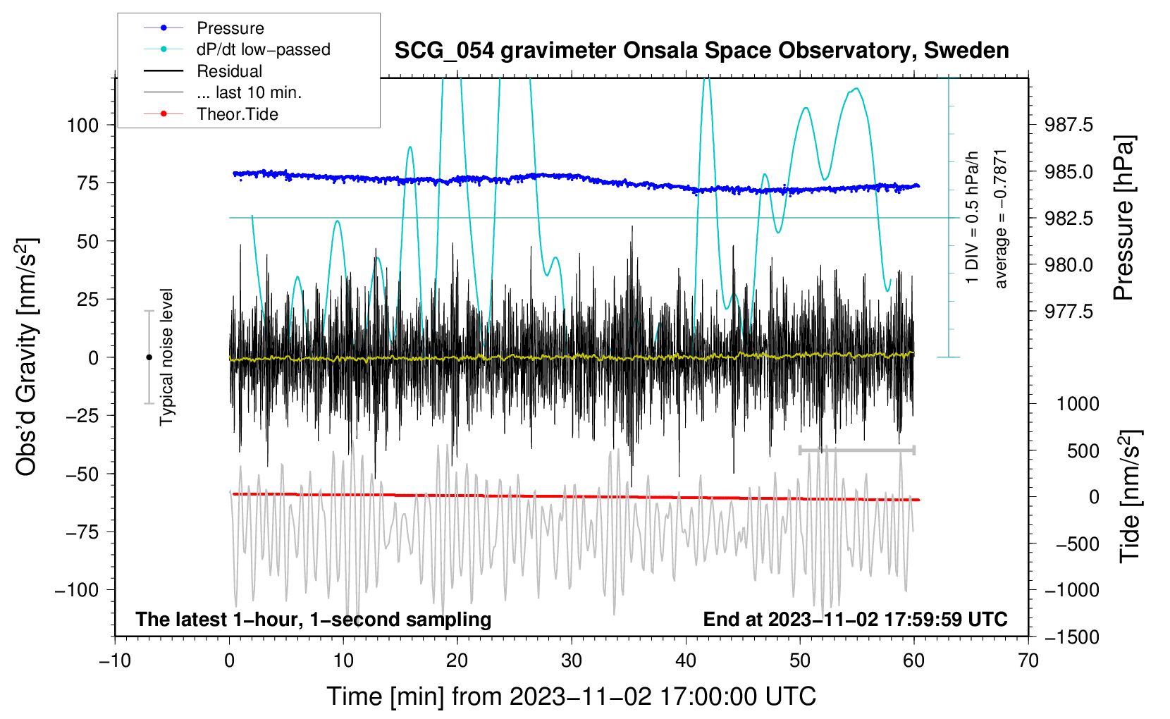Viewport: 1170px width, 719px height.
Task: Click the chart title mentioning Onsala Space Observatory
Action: [701, 51]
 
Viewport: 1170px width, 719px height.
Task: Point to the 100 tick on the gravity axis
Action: [82, 125]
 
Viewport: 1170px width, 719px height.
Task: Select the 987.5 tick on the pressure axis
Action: [1069, 125]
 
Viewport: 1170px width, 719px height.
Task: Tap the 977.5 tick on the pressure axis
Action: [1069, 312]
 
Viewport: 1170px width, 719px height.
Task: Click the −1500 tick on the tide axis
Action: [1071, 637]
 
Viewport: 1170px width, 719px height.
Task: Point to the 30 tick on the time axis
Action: [572, 661]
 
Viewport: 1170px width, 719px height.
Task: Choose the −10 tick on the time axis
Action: [115, 661]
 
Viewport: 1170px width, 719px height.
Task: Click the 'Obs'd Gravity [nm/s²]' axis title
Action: [27, 357]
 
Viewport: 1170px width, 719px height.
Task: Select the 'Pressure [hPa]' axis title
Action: [1125, 219]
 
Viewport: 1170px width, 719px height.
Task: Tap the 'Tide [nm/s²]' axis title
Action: [1129, 496]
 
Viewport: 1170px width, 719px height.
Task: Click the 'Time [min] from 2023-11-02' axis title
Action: [572, 696]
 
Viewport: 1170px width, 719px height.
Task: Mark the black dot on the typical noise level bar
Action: [149, 357]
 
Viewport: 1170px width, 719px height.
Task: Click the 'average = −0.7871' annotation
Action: [1001, 219]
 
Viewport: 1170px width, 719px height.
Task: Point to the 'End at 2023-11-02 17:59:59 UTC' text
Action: [855, 620]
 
